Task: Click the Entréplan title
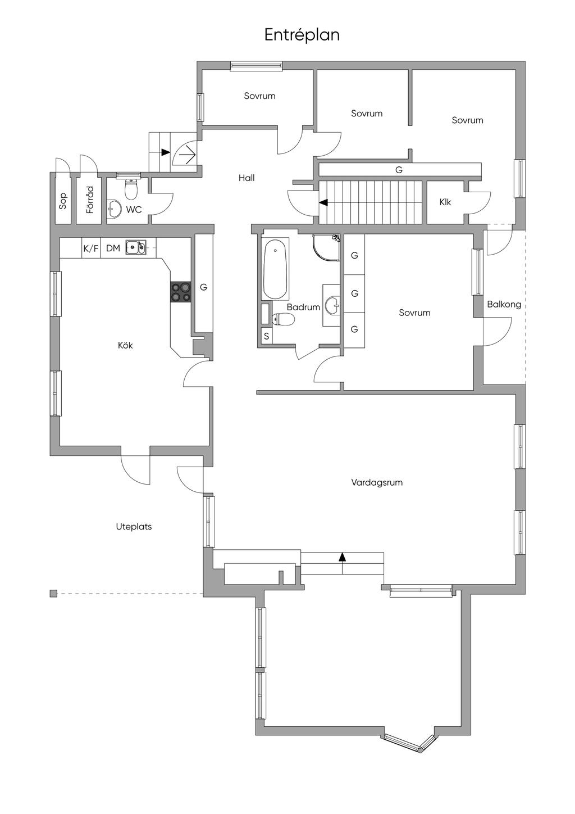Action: pos(302,35)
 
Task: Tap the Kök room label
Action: pos(125,345)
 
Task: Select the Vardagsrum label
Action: pos(377,482)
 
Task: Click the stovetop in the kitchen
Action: pos(181,292)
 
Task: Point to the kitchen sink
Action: pos(136,247)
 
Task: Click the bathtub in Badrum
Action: pos(276,269)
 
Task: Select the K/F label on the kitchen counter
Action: pos(91,248)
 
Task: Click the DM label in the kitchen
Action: pos(113,248)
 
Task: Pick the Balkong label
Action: pos(504,305)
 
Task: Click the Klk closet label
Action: pos(445,202)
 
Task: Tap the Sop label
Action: pos(63,201)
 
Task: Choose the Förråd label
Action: pos(90,200)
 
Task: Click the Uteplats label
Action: pos(134,527)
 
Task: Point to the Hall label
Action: pos(247,178)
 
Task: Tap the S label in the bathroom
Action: pos(267,336)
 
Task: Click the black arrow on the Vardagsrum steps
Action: pos(341,557)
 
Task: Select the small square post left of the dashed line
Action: pos(53,594)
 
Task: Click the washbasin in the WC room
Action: pos(115,209)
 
